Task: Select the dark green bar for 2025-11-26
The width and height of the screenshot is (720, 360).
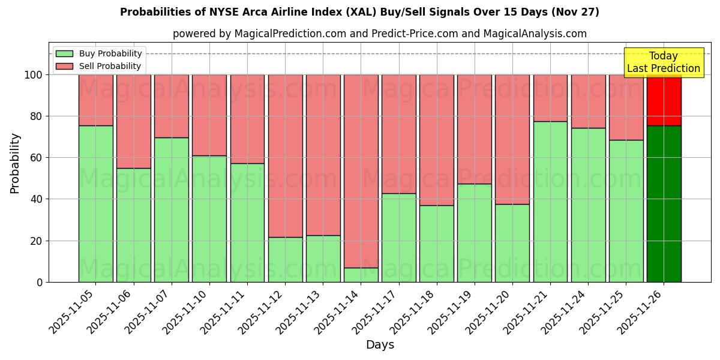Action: [x=664, y=204]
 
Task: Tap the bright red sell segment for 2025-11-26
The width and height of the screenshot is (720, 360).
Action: [x=664, y=101]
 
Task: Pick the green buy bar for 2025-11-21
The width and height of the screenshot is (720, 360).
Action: [x=550, y=202]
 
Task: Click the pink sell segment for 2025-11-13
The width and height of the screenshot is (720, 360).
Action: [x=323, y=155]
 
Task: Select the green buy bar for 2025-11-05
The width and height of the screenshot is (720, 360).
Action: [x=95, y=204]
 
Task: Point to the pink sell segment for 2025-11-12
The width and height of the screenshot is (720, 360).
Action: [x=285, y=156]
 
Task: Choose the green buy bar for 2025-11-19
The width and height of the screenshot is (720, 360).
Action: [x=474, y=233]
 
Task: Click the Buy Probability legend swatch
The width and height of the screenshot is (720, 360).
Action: [x=64, y=53]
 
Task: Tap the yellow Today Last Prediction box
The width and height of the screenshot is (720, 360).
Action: [x=663, y=62]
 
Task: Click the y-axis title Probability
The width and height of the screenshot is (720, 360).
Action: [x=15, y=163]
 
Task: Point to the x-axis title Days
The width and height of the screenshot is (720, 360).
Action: [x=380, y=345]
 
